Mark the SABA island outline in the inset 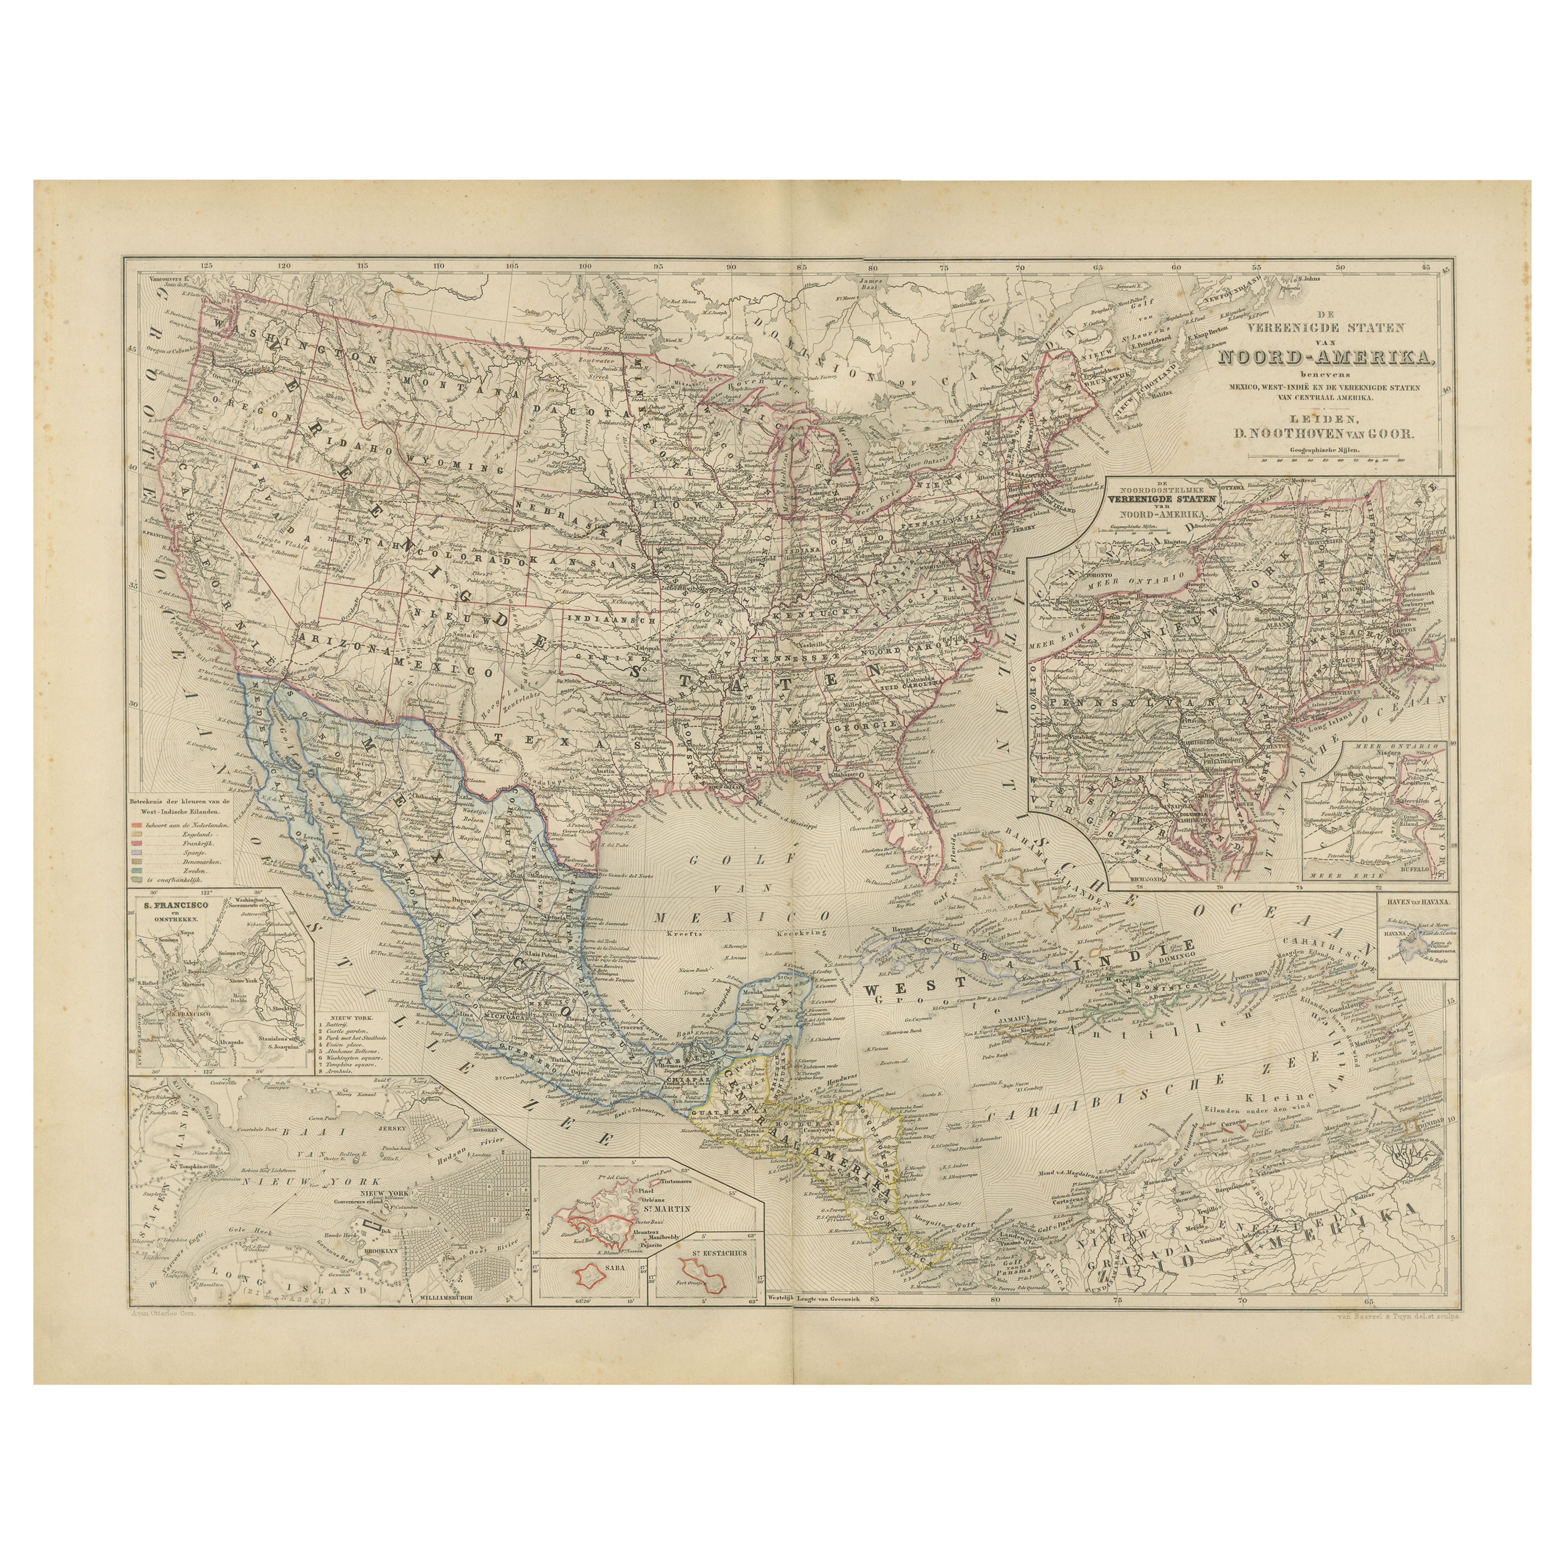pyautogui.click(x=594, y=1274)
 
